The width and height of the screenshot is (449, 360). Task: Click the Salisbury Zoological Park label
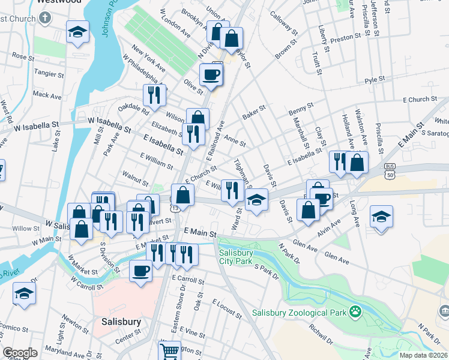(x=300, y=313)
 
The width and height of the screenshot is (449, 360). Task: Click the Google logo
(x=20, y=352)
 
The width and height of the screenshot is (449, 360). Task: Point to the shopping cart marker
(x=170, y=351)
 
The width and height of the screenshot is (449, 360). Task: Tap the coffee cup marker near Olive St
(x=211, y=75)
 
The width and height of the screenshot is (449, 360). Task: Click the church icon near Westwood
(x=46, y=18)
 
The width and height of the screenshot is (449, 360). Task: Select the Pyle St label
(x=375, y=80)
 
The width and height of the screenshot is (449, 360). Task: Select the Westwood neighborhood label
(x=59, y=2)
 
